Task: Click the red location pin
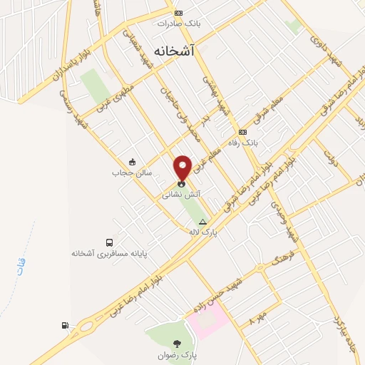click(x=183, y=167)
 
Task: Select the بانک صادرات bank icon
click(x=178, y=12)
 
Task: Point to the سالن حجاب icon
click(x=131, y=162)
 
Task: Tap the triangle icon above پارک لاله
click(x=204, y=222)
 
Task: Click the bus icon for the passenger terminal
click(x=109, y=242)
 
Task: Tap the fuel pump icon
click(x=66, y=326)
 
